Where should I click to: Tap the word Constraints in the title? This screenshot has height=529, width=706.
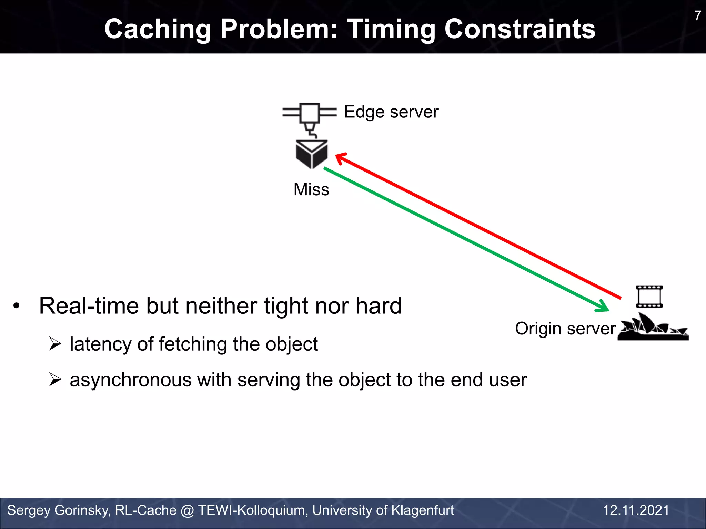(x=520, y=29)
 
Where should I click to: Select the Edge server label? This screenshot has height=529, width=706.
(x=391, y=112)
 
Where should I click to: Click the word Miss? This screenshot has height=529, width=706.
(x=311, y=189)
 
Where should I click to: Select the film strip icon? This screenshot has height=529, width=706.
(x=649, y=296)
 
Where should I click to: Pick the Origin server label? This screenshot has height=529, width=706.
(x=565, y=329)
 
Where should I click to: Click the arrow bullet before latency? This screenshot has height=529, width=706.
(x=55, y=344)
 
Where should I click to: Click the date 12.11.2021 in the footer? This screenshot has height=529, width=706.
(x=636, y=510)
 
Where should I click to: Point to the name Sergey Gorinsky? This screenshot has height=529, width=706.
(x=58, y=510)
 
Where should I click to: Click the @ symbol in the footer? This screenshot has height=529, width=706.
(x=187, y=510)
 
